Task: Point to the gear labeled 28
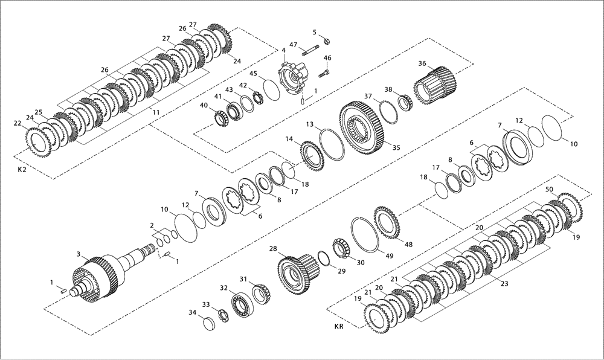tap(296, 272)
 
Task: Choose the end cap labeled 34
tap(208, 323)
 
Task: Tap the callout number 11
tap(156, 112)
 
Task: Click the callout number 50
tap(549, 190)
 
